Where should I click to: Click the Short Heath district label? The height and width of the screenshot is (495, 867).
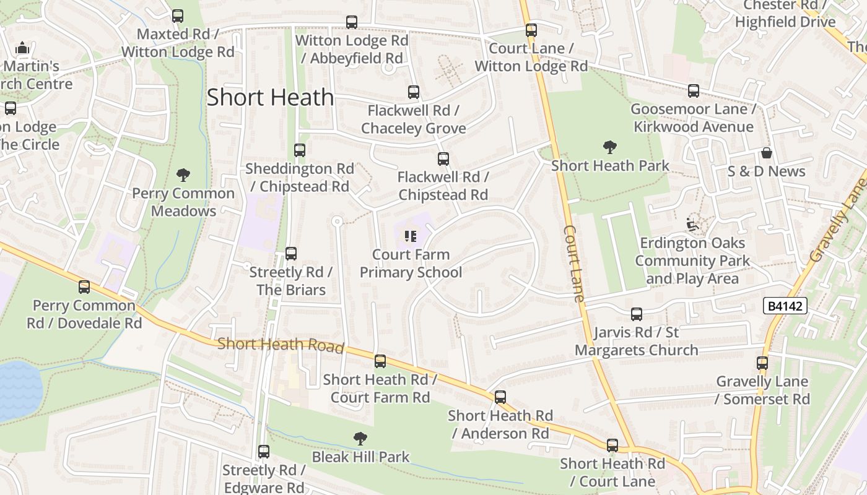(270, 97)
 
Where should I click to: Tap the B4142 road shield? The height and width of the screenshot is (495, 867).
(785, 306)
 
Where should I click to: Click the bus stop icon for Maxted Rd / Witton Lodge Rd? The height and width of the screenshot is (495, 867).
(178, 16)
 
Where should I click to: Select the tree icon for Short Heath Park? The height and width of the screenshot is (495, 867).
(610, 147)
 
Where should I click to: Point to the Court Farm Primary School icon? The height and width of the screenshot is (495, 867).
(410, 236)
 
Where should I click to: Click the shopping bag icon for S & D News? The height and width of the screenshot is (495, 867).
(767, 153)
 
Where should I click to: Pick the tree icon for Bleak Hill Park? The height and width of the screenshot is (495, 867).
(360, 439)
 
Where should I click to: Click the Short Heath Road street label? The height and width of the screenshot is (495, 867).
(281, 345)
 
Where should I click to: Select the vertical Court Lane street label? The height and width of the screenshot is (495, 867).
(574, 263)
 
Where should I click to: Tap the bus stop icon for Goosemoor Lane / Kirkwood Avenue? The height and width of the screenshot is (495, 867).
(694, 91)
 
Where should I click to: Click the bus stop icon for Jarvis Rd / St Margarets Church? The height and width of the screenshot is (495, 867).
(637, 314)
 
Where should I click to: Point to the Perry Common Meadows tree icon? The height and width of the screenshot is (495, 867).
(183, 174)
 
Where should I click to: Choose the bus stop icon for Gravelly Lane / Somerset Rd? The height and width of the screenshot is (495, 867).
(762, 363)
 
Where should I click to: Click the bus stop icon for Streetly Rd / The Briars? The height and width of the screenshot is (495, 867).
(291, 253)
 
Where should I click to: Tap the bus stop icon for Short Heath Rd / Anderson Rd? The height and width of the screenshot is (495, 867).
(500, 397)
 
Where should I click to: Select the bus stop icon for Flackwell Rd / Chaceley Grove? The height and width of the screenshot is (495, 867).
(414, 92)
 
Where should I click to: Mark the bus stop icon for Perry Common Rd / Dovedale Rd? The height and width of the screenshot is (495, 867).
(84, 287)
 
